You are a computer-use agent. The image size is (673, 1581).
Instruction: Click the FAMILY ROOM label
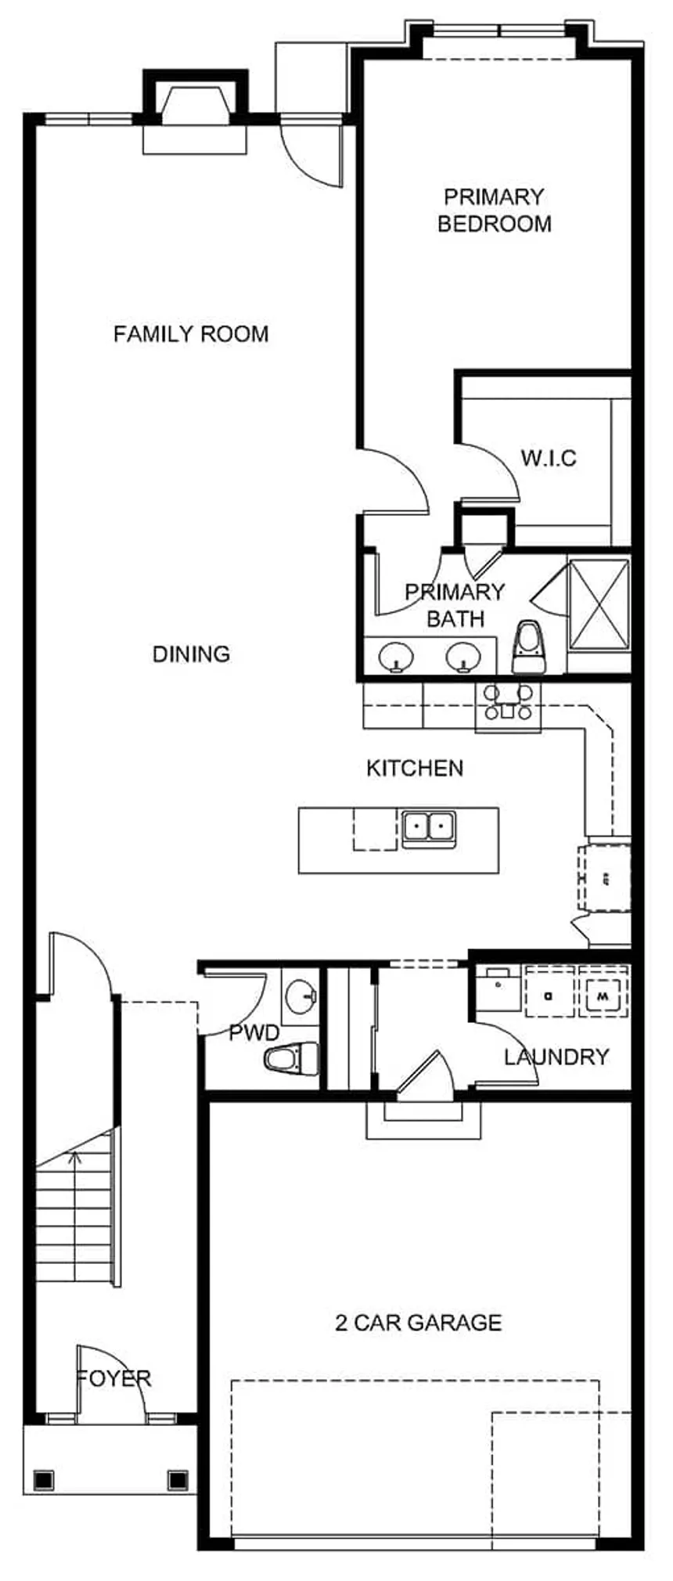pyautogui.click(x=191, y=334)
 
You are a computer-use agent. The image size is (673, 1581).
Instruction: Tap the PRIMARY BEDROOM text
pyautogui.click(x=494, y=210)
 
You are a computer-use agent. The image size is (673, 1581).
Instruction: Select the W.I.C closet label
pyautogui.click(x=548, y=457)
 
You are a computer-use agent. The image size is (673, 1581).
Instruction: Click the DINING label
pyautogui.click(x=191, y=654)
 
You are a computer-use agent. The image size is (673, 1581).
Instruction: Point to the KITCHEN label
pyautogui.click(x=415, y=768)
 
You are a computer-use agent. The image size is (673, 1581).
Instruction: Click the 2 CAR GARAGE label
pyautogui.click(x=419, y=1323)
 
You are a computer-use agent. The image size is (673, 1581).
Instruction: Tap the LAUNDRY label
pyautogui.click(x=556, y=1057)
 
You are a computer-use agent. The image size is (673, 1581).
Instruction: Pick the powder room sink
pyautogui.click(x=301, y=996)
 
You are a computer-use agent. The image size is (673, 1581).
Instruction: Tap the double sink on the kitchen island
pyautogui.click(x=429, y=826)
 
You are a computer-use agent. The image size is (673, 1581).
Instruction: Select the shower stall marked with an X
pyautogui.click(x=599, y=603)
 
